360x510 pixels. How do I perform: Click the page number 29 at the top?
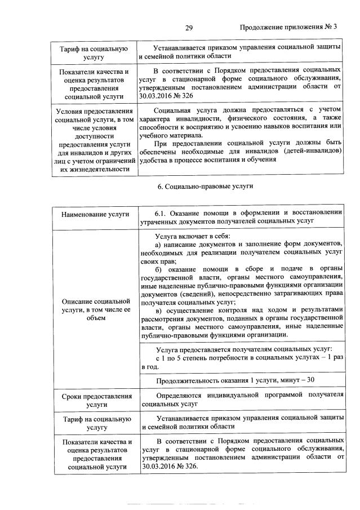point(189,27)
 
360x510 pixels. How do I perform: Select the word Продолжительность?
point(189,379)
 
